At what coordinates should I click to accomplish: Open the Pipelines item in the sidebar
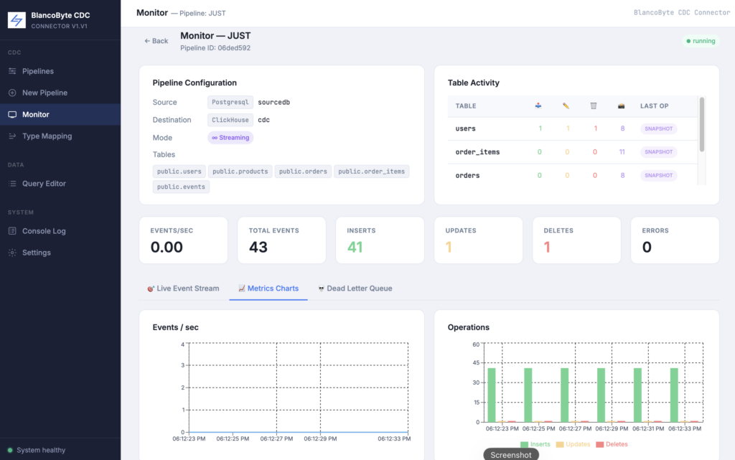(37, 71)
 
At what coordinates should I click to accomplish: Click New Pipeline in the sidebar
(45, 93)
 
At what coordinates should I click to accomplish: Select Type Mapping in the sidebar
(47, 136)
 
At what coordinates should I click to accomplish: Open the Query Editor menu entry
(44, 184)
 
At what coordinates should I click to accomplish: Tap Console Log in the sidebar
(44, 231)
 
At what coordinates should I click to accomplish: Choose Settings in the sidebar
(36, 253)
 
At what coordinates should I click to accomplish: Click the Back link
(156, 41)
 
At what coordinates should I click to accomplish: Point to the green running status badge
(701, 41)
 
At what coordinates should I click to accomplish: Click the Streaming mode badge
(230, 138)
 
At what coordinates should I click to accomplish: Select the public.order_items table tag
(371, 172)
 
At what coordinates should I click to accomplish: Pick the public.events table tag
(181, 187)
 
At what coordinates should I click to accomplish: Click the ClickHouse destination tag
(230, 120)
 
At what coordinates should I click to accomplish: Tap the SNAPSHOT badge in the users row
(658, 129)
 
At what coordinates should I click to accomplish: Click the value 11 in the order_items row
(622, 151)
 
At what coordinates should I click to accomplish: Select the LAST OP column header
(655, 106)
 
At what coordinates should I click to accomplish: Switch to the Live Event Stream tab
(183, 288)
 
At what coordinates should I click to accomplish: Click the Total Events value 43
(258, 247)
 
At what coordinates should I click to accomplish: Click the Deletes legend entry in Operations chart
(612, 444)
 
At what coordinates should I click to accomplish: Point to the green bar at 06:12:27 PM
(565, 395)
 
